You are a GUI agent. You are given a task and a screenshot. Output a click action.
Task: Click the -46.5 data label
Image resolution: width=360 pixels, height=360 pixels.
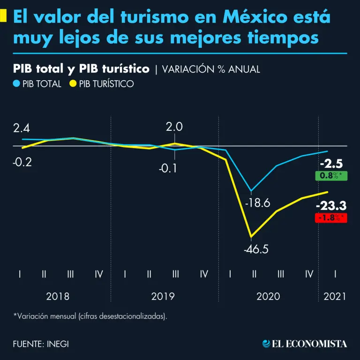click(256, 249)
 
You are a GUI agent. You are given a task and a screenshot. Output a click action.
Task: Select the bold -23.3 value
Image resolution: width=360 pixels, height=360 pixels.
click(331, 205)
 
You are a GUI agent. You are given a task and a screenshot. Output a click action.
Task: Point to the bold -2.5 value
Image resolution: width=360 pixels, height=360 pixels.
click(331, 164)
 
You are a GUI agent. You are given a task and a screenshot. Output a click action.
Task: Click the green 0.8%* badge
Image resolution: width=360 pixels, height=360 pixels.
click(331, 176)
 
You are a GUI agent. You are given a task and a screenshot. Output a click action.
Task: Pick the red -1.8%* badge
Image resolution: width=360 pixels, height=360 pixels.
click(331, 217)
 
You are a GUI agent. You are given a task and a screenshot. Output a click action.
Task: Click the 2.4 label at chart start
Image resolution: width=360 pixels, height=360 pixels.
click(22, 128)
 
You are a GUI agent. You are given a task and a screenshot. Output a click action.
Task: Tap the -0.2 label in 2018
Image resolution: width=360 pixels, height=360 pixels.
click(22, 162)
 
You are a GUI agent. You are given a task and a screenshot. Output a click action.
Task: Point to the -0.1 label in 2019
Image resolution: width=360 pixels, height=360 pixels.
click(167, 168)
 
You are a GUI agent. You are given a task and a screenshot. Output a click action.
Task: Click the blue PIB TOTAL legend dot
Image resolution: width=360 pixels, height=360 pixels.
click(16, 84)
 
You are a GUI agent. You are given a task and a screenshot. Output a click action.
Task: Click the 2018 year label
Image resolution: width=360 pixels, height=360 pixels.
click(58, 296)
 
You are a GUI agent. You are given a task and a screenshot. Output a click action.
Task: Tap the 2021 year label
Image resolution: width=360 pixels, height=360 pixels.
click(335, 296)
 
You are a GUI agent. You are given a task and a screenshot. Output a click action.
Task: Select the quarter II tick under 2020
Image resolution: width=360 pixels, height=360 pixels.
click(254, 274)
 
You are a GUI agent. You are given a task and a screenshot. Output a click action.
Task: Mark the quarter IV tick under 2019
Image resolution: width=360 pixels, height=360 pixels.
click(203, 274)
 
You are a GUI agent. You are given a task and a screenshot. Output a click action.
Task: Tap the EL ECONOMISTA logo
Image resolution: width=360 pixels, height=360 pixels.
click(305, 344)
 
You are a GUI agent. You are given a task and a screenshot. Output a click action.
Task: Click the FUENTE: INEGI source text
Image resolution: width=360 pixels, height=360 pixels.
click(41, 344)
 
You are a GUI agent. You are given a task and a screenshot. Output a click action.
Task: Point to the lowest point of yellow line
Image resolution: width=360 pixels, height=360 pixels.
click(252, 236)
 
